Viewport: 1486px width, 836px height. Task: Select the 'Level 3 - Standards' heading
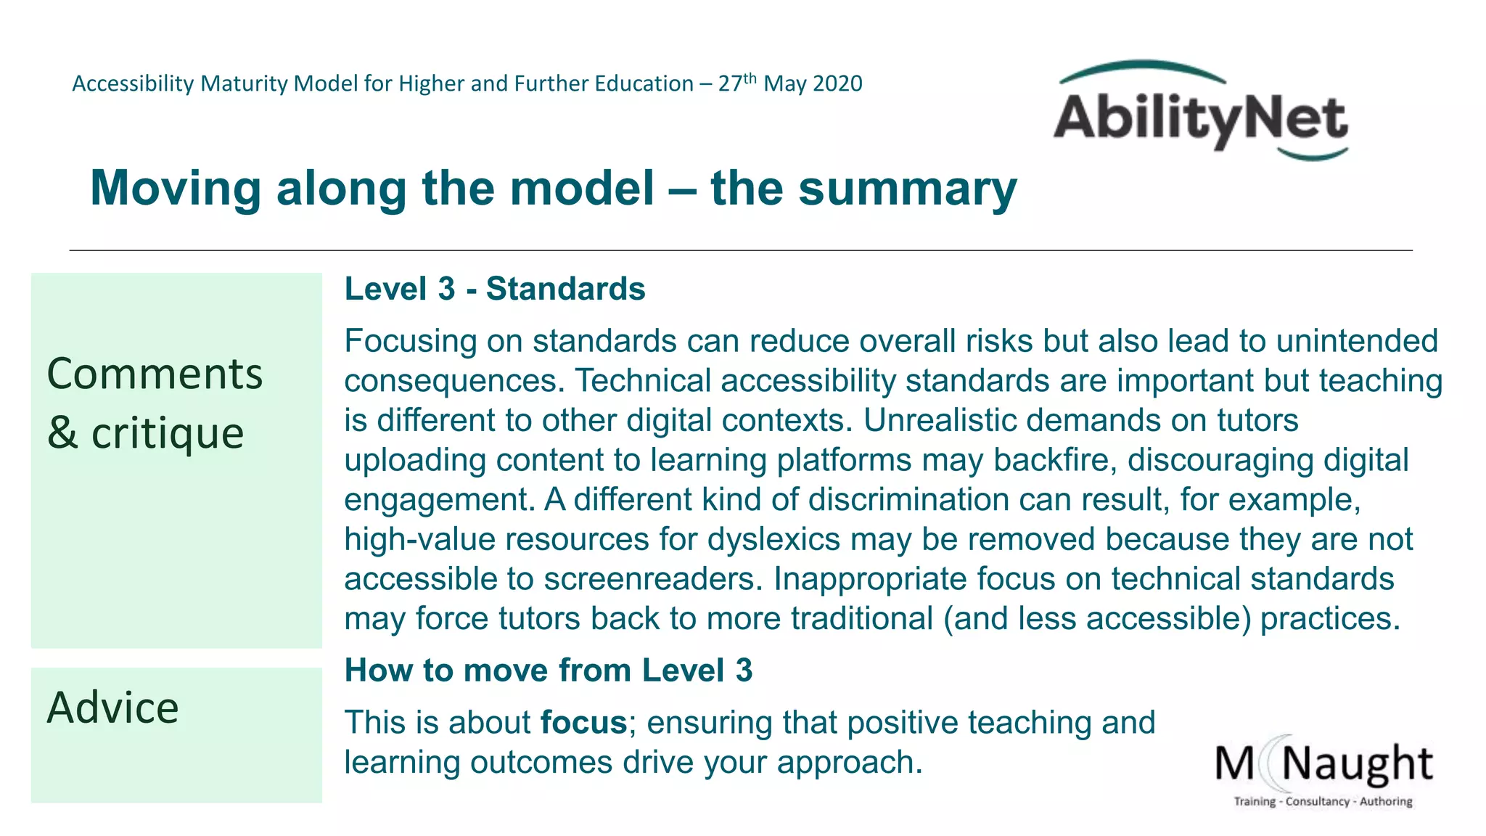tap(495, 289)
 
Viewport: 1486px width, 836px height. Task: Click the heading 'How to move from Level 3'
tap(549, 670)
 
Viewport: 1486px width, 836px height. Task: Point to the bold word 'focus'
tap(583, 723)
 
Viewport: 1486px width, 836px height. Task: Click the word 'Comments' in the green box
tap(155, 374)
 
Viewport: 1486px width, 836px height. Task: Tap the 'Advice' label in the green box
tap(112, 708)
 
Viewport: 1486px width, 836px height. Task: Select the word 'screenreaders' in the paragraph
tap(653, 579)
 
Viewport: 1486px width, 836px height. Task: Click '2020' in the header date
tap(837, 84)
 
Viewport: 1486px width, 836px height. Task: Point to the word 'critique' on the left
tap(167, 434)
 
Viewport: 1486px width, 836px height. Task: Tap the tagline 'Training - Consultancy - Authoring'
tap(1323, 801)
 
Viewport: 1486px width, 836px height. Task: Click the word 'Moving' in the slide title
tap(175, 189)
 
